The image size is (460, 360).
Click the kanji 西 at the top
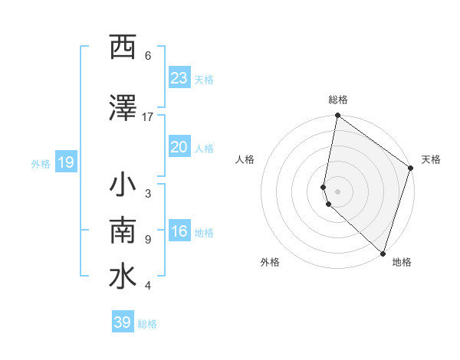[x=122, y=47]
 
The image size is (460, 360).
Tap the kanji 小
[x=122, y=185]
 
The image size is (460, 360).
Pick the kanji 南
[x=122, y=231]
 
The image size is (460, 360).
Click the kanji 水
[x=122, y=277]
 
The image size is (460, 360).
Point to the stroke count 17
[x=148, y=116]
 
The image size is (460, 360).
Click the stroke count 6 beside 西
[x=148, y=56]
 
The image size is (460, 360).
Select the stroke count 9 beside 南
[x=148, y=239]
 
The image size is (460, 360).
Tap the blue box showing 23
[x=179, y=78]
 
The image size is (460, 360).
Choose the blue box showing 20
[x=179, y=147]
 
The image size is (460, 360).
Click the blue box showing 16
[x=179, y=232]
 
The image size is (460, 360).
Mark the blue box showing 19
[x=65, y=162]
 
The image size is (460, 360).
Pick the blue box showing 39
[x=122, y=322]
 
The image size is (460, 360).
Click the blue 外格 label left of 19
[x=41, y=164]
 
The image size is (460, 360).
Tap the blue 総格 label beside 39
[x=147, y=324]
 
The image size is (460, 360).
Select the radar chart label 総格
[x=337, y=100]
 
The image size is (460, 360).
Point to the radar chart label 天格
[x=431, y=159]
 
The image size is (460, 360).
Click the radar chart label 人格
[x=245, y=159]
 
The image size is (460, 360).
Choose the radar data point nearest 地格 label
[x=383, y=254]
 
